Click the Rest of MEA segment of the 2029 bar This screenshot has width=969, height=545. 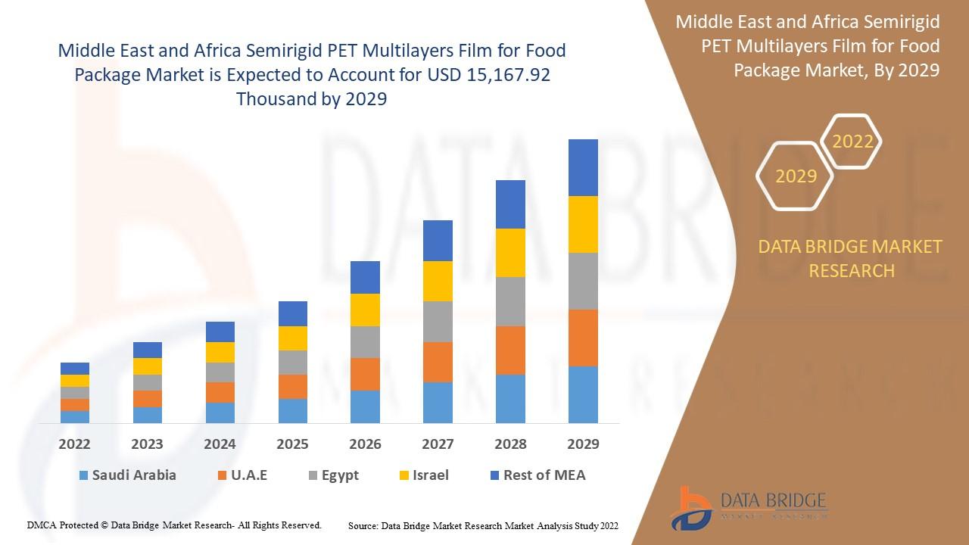583,168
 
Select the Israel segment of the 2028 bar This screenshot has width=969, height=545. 510,253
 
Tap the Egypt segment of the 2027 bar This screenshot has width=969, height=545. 438,322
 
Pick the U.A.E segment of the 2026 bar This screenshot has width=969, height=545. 365,374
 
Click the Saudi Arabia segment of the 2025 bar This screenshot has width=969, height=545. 293,411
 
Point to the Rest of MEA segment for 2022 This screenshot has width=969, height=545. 75,369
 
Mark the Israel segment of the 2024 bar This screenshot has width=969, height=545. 220,353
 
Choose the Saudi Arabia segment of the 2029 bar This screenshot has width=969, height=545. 583,395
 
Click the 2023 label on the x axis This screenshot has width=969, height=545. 147,444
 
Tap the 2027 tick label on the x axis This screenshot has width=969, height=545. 438,444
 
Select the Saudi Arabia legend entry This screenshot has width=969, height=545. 128,475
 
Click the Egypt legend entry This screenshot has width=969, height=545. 334,475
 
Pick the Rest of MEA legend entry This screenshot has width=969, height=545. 538,475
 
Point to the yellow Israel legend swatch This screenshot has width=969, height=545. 404,476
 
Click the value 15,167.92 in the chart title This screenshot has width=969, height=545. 508,75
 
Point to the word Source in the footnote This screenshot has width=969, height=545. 363,526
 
